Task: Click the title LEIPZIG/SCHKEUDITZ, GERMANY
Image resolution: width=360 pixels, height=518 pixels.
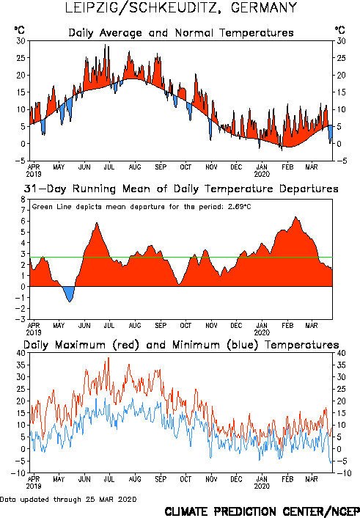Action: tap(181, 7)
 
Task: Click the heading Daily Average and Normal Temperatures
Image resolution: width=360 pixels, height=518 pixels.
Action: tap(181, 33)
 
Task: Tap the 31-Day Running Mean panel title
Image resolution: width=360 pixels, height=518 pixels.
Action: tap(181, 189)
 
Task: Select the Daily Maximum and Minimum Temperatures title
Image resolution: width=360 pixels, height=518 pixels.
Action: tap(181, 345)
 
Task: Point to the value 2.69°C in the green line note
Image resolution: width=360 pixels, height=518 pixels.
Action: tap(240, 207)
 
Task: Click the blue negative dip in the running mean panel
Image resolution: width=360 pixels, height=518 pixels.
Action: tap(69, 293)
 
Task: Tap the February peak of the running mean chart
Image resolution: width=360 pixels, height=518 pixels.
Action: tap(295, 217)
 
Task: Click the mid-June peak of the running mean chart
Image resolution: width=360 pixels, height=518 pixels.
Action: tap(97, 223)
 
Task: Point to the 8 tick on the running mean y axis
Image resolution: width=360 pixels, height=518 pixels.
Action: tap(23, 200)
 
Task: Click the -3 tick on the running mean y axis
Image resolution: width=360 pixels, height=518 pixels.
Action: tap(21, 319)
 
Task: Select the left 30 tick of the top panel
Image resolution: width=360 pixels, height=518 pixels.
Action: tap(21, 41)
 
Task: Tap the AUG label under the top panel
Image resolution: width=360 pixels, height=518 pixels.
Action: tap(135, 167)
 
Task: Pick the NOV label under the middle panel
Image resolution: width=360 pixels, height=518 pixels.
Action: tap(211, 326)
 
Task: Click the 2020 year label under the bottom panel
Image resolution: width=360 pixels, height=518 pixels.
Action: tap(262, 486)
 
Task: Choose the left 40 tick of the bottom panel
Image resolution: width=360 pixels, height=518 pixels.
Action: tap(21, 353)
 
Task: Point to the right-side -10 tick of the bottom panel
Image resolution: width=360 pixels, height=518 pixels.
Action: tap(342, 473)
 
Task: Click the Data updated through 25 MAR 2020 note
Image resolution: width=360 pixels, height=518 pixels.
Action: tap(68, 499)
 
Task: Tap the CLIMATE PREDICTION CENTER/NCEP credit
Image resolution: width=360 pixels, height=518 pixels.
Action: tap(262, 511)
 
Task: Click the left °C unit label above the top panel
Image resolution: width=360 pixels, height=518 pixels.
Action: tap(20, 30)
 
